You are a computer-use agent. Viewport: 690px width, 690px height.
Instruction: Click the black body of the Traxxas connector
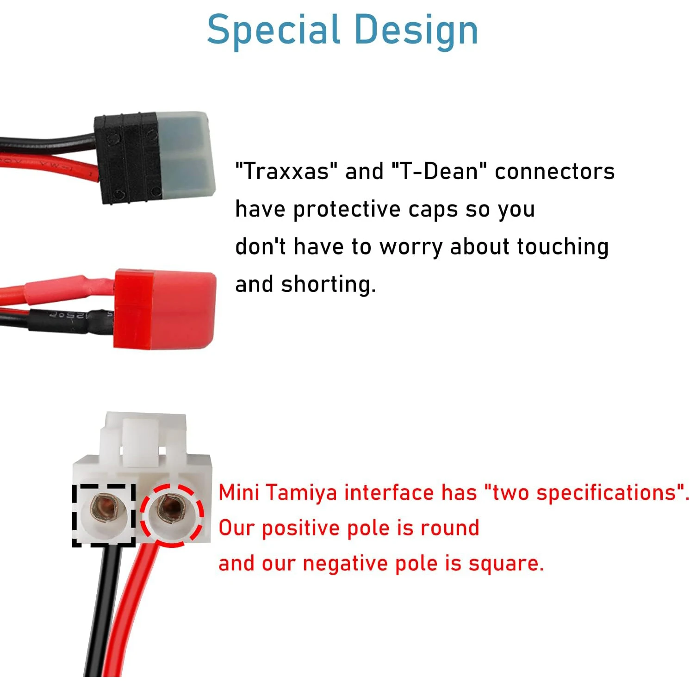tap(126, 157)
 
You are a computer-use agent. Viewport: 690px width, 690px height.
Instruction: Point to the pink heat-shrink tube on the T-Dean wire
tap(69, 289)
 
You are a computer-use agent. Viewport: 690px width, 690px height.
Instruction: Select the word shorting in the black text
tap(328, 284)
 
